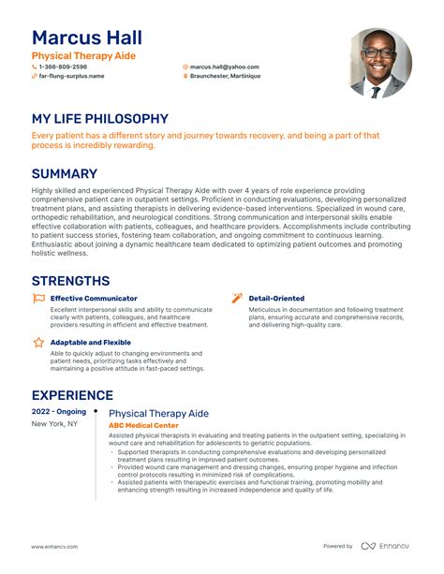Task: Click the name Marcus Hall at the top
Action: pyautogui.click(x=86, y=37)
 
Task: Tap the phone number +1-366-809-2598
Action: pyautogui.click(x=63, y=67)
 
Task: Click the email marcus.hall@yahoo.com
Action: pyautogui.click(x=224, y=67)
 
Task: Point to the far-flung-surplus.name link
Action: pyautogui.click(x=71, y=77)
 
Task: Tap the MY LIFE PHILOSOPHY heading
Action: pyautogui.click(x=99, y=119)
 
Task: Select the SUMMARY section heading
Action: pyautogui.click(x=65, y=174)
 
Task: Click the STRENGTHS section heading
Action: pyautogui.click(x=70, y=281)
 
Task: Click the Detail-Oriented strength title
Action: pyautogui.click(x=276, y=299)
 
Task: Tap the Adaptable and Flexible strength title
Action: pyautogui.click(x=90, y=343)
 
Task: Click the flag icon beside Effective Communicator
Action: pyautogui.click(x=38, y=299)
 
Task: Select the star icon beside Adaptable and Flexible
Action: pyautogui.click(x=38, y=343)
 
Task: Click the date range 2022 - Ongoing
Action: pyautogui.click(x=58, y=411)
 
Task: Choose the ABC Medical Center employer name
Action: pyautogui.click(x=142, y=425)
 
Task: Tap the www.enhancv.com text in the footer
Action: pyautogui.click(x=54, y=546)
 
